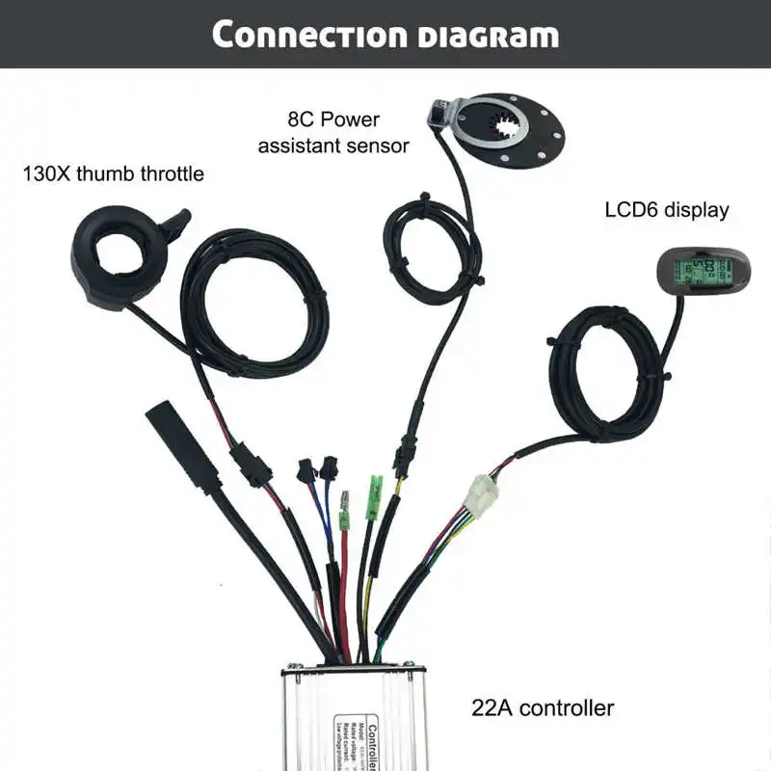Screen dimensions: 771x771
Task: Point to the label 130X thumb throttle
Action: tap(114, 174)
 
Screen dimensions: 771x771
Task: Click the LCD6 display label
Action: tap(667, 209)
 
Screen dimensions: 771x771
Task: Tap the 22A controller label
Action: tap(544, 708)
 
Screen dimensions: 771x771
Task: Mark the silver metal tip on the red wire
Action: tap(344, 505)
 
